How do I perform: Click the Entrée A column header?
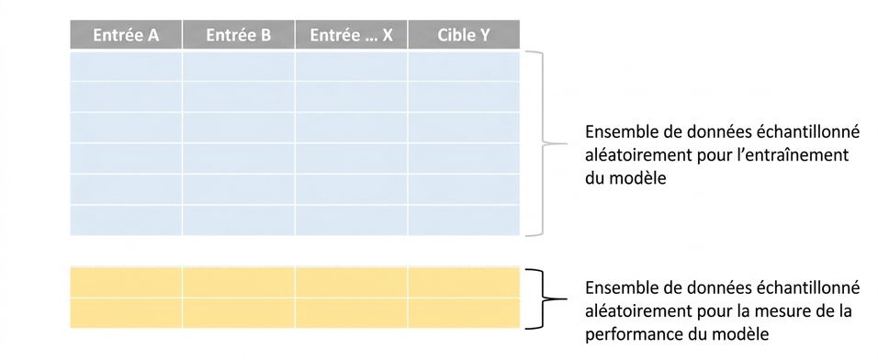point(126,35)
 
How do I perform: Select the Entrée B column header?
point(239,35)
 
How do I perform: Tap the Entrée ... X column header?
point(351,35)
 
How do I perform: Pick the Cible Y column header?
point(464,35)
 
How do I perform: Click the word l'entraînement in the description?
point(795,155)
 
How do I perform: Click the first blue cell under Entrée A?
point(126,65)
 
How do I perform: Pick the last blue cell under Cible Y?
point(464,220)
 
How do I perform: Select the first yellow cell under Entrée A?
point(126,282)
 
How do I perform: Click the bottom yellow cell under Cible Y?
point(464,313)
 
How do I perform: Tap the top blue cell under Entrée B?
point(239,65)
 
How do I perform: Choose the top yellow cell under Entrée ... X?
point(351,282)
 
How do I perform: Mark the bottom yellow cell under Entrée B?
point(239,313)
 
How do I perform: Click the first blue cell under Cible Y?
point(464,65)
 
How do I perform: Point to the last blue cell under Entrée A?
point(126,220)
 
